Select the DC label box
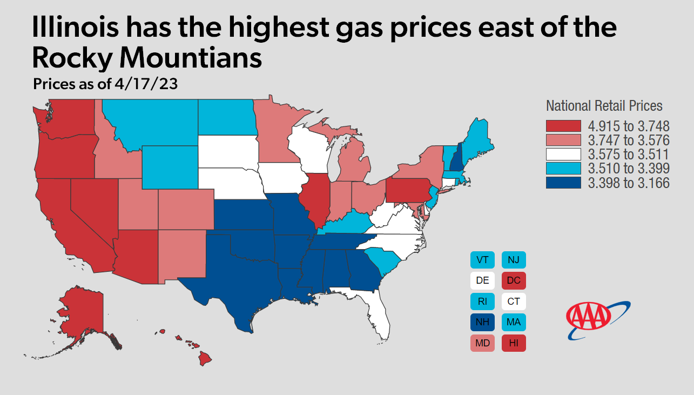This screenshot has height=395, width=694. (514, 281)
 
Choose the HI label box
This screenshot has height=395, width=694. (514, 343)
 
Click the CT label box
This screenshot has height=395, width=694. (514, 302)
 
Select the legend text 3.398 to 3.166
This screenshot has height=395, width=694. (629, 184)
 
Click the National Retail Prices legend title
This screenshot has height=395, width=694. (604, 106)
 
